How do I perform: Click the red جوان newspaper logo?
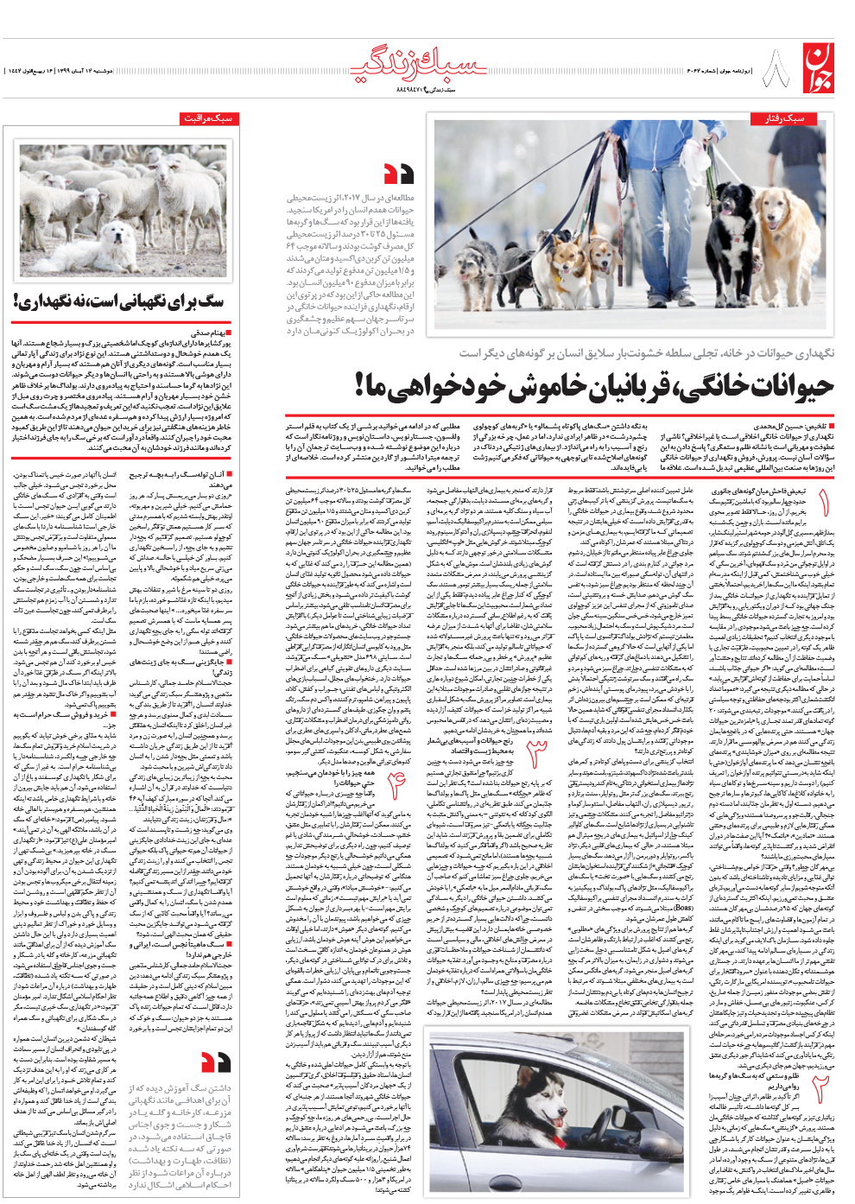tap(820, 68)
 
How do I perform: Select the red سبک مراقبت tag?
tap(209, 118)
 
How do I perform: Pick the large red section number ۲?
tap(820, 1092)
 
